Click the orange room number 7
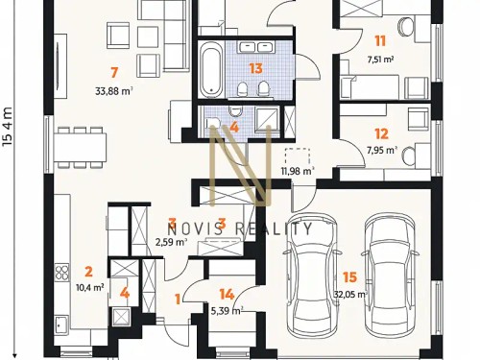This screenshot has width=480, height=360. point(114,72)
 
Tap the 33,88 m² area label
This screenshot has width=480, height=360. point(114,92)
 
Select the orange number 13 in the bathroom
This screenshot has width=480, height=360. point(255,67)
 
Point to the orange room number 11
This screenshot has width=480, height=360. point(380,40)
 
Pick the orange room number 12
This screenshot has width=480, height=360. point(381,133)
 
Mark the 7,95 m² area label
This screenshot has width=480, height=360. point(381,150)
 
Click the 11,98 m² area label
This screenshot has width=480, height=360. point(298,172)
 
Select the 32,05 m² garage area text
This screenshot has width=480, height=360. point(350,295)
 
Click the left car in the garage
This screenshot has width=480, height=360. point(307,278)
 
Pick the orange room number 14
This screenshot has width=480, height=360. point(227,295)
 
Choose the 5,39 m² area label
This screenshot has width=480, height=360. point(227,311)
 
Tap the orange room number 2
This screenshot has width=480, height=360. point(87,271)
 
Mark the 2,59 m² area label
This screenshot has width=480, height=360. point(170,242)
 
